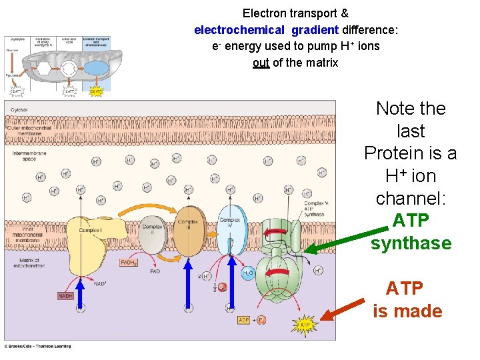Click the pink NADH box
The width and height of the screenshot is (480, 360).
(x=65, y=295)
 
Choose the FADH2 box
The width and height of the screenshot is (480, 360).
(x=129, y=263)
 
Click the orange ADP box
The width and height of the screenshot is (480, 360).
(x=245, y=321)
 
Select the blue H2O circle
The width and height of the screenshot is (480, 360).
(x=247, y=273)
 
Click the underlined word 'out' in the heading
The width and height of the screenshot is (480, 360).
(x=261, y=63)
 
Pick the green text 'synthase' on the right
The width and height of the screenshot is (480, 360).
(x=411, y=243)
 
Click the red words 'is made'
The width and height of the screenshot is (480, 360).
(x=407, y=311)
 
